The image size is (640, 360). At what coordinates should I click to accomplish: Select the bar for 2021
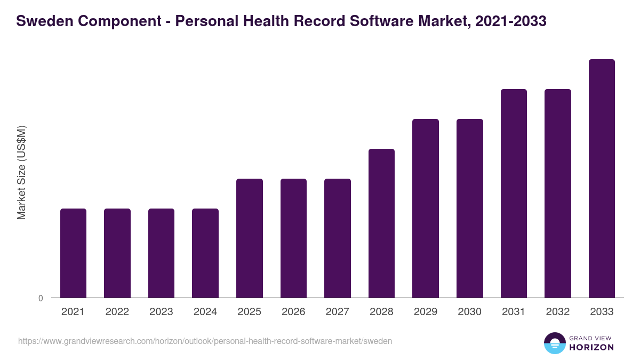pos(73,253)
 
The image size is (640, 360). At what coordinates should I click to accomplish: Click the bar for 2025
pos(250,238)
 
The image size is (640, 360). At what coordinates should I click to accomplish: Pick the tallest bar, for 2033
pos(602,178)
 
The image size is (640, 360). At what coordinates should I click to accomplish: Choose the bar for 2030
pos(470,208)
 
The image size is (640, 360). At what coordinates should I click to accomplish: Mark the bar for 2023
pos(161,253)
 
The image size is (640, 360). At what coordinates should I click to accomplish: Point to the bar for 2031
pos(514,193)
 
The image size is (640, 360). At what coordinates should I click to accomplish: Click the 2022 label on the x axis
pos(117,312)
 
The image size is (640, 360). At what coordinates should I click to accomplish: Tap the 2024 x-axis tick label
pos(205,312)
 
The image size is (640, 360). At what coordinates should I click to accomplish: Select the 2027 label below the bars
pos(338,312)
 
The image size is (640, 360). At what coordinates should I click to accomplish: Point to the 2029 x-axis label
pos(426,312)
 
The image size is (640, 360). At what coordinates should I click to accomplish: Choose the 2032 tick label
pos(558,312)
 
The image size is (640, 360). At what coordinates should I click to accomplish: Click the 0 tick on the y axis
pos(41,298)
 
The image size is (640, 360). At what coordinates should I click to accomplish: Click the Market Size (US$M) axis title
pos(21,172)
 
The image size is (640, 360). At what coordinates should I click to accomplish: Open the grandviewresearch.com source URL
pos(205,341)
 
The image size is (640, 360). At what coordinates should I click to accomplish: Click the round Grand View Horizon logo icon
pos(554,343)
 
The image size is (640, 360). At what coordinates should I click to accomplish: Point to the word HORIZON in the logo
pos(591,347)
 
